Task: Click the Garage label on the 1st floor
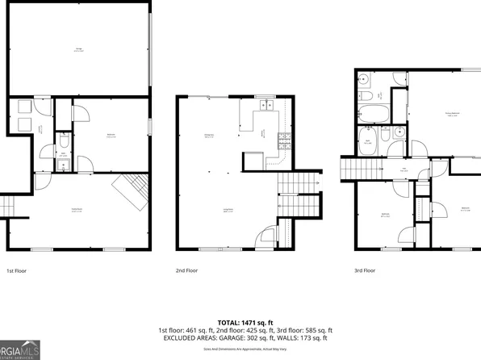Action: (78, 49)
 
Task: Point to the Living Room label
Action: (228, 210)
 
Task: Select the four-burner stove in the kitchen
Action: (283, 144)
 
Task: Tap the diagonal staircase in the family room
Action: (130, 190)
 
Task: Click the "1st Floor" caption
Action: (18, 271)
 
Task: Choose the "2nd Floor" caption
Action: (186, 271)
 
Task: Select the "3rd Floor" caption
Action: (366, 271)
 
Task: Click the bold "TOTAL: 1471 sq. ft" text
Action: (240, 323)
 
